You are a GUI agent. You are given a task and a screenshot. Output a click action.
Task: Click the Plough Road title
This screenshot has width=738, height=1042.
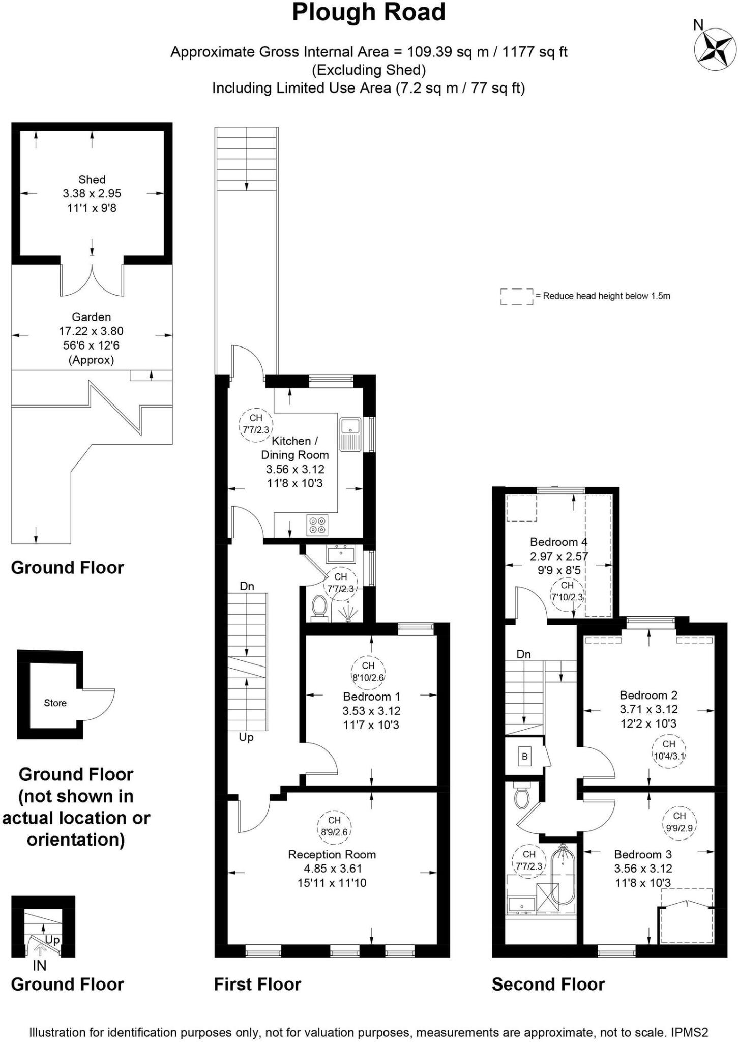click(x=369, y=12)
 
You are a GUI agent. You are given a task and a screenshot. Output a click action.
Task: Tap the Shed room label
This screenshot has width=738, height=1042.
click(x=92, y=180)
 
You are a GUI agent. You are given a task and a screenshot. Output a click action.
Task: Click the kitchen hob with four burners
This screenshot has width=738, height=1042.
click(x=318, y=525)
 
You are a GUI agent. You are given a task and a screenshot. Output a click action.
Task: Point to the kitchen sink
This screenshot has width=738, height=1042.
click(x=350, y=433)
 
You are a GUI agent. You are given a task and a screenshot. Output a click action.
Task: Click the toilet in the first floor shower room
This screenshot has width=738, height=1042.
click(x=319, y=606)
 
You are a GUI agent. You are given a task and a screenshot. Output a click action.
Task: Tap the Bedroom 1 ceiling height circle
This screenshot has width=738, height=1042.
click(x=368, y=672)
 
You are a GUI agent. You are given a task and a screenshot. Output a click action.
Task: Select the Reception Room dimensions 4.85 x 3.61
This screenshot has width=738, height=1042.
click(x=332, y=869)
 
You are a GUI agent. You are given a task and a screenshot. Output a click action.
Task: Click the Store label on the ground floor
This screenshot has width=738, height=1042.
click(x=55, y=703)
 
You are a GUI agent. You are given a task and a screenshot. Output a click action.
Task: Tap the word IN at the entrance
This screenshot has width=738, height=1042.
click(x=39, y=965)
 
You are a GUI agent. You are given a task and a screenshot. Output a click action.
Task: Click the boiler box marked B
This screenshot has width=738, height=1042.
click(x=524, y=757)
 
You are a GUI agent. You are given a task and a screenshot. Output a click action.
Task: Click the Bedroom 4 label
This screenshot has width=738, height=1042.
click(x=558, y=542)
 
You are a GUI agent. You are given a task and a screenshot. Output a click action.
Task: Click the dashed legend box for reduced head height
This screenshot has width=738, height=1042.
click(x=516, y=297)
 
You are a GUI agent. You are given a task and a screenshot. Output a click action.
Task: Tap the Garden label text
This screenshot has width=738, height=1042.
click(x=91, y=317)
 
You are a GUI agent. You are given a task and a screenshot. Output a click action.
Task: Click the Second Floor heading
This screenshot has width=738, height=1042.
click(x=548, y=985)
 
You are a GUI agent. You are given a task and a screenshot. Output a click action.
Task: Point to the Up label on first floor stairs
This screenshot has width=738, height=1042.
click(x=246, y=737)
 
